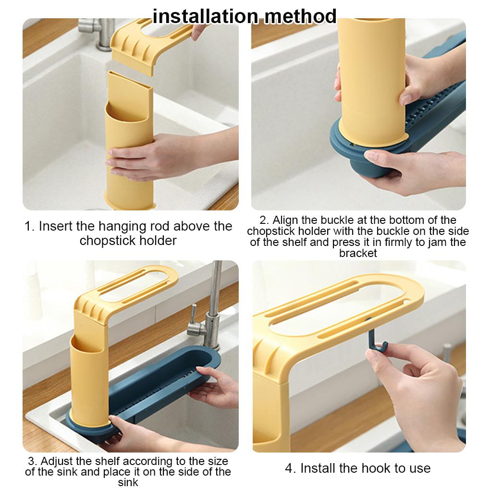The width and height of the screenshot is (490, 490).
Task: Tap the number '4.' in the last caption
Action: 291,468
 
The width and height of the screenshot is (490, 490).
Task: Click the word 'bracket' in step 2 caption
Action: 358,253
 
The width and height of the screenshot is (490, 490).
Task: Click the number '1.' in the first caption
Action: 30,226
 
